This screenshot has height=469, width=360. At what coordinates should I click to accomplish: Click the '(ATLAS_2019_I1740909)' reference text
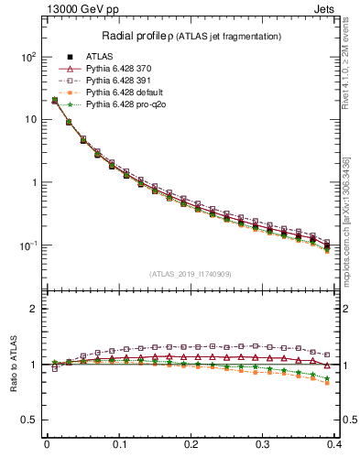[x=191, y=274]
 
